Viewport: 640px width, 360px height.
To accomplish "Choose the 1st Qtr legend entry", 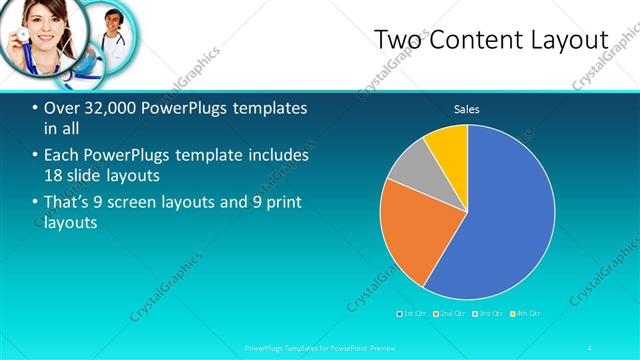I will click(x=413, y=313).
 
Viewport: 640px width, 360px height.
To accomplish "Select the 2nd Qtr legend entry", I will click(x=451, y=313).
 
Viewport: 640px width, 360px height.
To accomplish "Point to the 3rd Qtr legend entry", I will click(x=488, y=313).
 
